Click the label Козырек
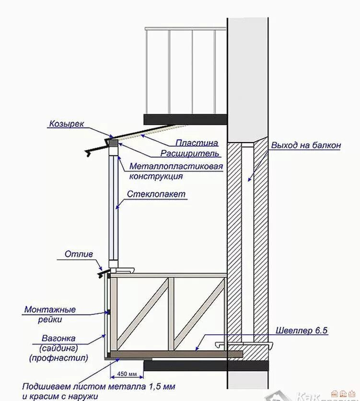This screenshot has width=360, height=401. (x=66, y=124)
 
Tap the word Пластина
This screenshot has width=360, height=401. (x=197, y=143)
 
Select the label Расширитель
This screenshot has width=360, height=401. (x=190, y=154)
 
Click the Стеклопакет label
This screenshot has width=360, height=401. (x=157, y=195)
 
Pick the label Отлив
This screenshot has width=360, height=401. (x=79, y=254)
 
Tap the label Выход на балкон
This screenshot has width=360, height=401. (x=306, y=145)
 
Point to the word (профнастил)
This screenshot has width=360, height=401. (x=59, y=358)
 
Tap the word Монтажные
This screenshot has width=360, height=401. (x=50, y=310)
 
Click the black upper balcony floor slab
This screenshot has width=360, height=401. (x=184, y=118)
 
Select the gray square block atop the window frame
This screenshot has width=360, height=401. (x=112, y=143)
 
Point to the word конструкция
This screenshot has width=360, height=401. (x=156, y=176)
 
